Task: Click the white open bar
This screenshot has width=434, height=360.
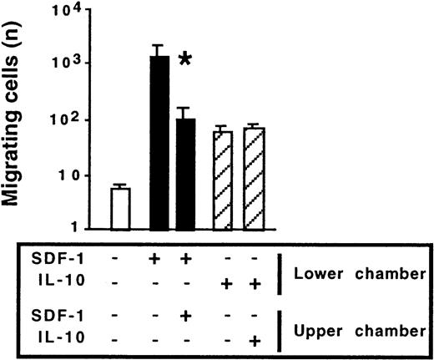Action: pos(121,208)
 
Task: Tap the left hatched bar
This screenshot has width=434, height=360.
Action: pos(223,180)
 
